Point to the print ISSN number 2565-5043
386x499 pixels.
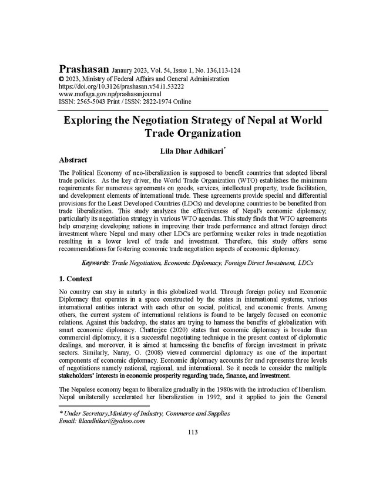point(98,101)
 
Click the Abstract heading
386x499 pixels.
point(73,160)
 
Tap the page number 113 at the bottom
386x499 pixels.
point(193,432)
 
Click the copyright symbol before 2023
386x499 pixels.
point(62,79)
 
